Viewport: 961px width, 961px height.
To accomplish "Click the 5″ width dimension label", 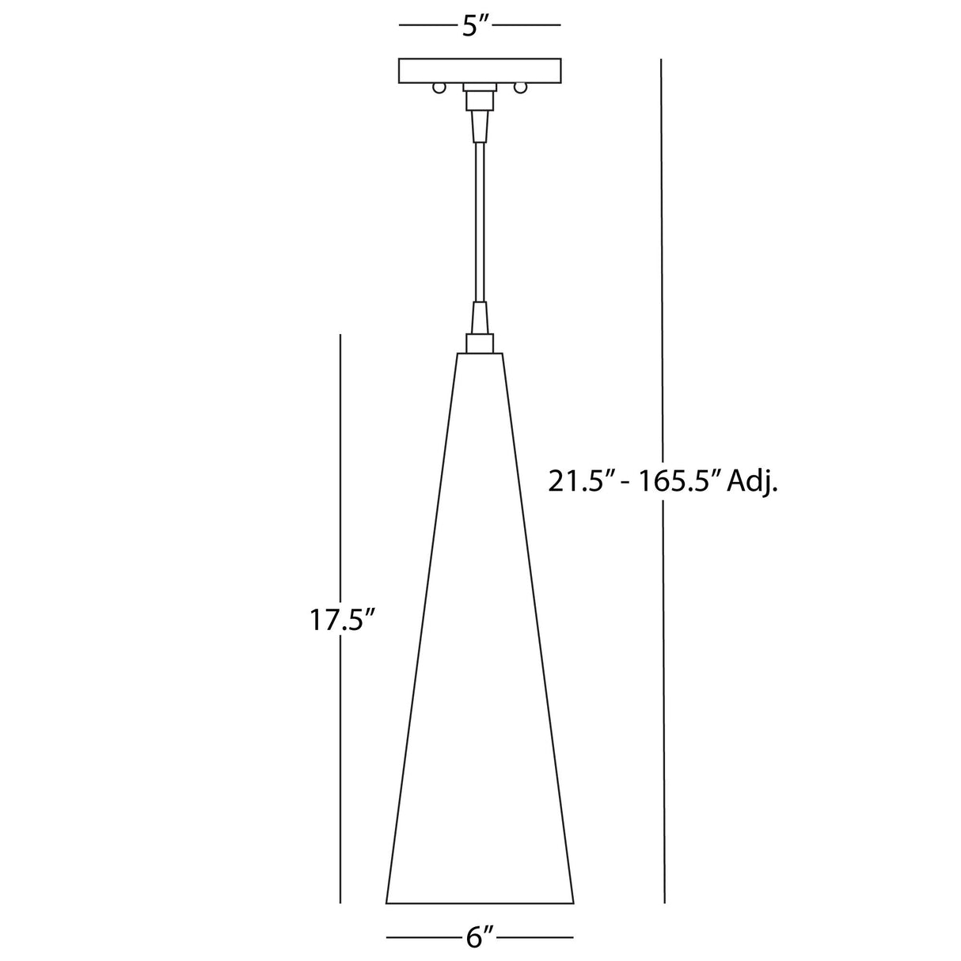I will coord(479,25).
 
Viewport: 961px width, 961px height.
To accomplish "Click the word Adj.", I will coord(753,482).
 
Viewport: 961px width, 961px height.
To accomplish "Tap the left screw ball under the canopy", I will coord(438,89).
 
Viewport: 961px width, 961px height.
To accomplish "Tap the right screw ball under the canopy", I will coord(520,89).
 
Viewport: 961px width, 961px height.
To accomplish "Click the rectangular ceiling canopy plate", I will coord(479,70).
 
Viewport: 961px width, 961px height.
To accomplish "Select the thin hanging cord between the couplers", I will coord(479,222).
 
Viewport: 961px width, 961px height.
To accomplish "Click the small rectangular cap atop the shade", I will coord(480,343).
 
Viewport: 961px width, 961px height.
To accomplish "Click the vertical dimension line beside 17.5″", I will coord(340,752).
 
